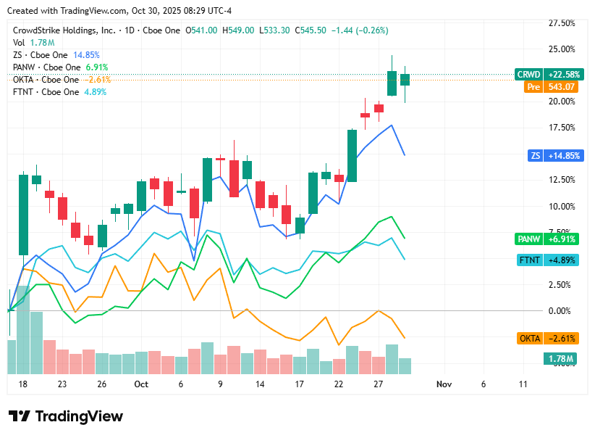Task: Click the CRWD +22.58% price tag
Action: coord(547,74)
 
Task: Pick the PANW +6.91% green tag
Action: coord(547,239)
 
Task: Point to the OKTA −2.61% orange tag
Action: coord(548,339)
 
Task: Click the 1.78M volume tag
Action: coord(559,359)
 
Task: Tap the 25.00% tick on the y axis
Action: coord(562,49)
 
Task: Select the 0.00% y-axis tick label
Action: coord(562,310)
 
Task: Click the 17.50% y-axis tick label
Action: coord(562,128)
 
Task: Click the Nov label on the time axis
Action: coord(444,384)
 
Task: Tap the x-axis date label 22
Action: coord(338,384)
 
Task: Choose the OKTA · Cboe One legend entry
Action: coord(46,80)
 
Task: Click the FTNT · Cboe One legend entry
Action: coord(46,92)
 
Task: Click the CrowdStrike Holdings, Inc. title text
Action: coord(64,30)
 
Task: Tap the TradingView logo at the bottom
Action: coord(66,416)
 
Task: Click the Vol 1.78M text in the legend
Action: coord(33,43)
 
